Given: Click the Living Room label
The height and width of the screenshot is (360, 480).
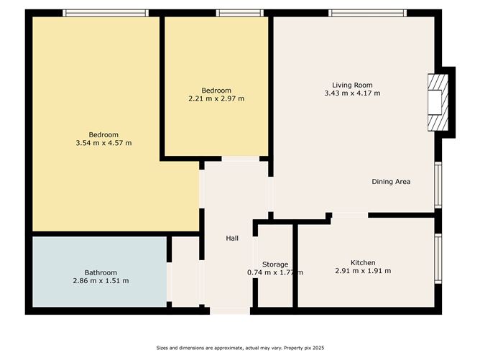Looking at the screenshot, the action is pos(352,85).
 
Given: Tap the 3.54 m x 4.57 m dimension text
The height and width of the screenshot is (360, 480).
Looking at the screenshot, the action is pos(103,143).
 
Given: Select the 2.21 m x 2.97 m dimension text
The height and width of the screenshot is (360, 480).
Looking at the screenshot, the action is pos(216,98).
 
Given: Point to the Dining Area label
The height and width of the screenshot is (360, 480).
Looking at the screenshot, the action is pos(391,182).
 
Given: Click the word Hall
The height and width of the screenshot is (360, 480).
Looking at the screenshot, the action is pos(232,238).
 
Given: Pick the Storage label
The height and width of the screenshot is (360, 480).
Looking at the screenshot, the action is pos(275,264).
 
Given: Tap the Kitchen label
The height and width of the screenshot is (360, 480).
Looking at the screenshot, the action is pos(363,263).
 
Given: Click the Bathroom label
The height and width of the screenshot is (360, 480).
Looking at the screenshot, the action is pos(101,272).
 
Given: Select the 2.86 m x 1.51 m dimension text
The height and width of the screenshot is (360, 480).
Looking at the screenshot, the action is pos(101,281).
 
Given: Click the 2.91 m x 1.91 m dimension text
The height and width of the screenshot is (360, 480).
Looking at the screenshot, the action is pos(363,271).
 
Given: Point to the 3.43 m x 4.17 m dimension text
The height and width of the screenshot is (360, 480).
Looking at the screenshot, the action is pos(352,93).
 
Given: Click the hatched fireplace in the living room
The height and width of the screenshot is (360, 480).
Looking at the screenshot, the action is pos(438,103).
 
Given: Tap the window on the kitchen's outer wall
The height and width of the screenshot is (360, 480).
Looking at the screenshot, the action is pos(438,259).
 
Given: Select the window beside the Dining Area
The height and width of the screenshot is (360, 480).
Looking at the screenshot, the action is pos(438,185).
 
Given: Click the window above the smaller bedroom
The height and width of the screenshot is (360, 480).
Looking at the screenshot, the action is pos(240,13).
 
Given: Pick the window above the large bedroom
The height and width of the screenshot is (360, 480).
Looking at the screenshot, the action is pos(106,13).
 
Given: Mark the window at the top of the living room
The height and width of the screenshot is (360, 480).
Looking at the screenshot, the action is pos(368,13).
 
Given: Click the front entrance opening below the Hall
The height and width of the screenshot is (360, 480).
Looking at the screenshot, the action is pos(230,310).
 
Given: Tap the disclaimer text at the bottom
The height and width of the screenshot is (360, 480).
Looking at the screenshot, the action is pos(240,348).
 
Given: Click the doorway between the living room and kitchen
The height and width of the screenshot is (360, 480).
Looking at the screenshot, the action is pos(350,215).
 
